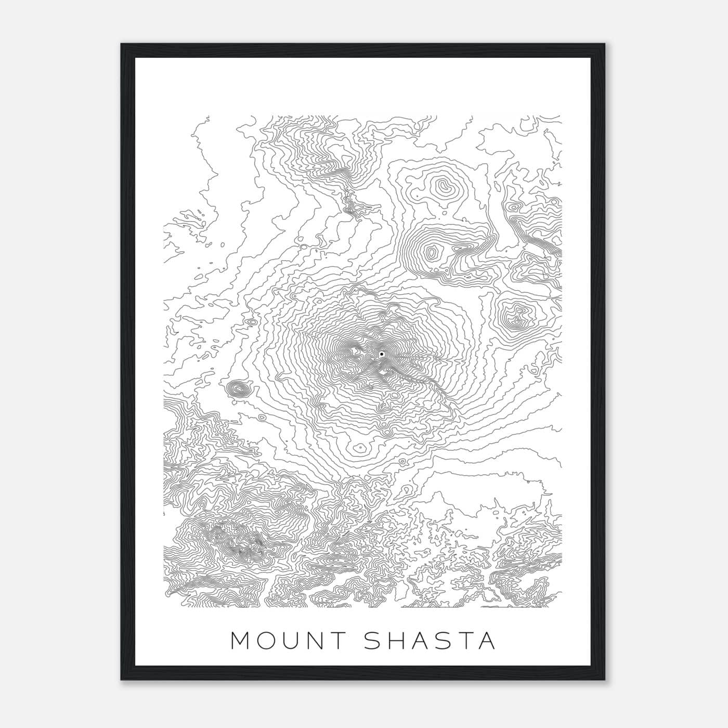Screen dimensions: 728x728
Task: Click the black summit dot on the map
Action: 381,354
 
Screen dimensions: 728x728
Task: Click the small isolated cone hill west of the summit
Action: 238,387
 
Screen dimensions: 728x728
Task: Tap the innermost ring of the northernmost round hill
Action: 444,186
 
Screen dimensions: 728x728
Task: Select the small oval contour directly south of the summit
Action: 358,447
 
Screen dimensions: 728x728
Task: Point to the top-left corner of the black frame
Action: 122,44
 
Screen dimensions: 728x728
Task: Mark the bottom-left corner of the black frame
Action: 122,679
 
